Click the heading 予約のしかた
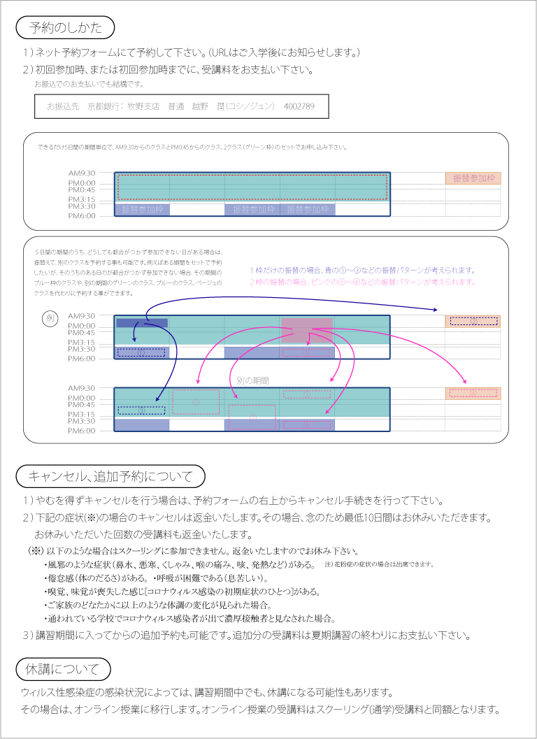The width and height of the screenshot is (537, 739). pyautogui.click(x=66, y=28)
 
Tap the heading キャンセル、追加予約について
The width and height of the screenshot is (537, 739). pyautogui.click(x=110, y=477)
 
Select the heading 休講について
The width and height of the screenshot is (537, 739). pyautogui.click(x=62, y=668)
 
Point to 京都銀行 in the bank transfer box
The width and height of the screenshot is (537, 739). pyautogui.click(x=102, y=107)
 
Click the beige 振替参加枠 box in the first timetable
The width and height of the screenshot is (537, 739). pyautogui.click(x=473, y=178)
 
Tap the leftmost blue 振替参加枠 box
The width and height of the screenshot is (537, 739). pyautogui.click(x=141, y=209)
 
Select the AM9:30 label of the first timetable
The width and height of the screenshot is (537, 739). pyautogui.click(x=81, y=173)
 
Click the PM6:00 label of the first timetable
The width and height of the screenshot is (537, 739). pyautogui.click(x=81, y=216)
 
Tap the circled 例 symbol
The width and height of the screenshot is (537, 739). pyautogui.click(x=50, y=318)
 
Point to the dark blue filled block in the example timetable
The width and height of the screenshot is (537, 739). pyautogui.click(x=142, y=322)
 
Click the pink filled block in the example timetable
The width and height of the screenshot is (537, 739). pyautogui.click(x=307, y=330)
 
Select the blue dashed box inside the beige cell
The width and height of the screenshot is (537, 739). pyautogui.click(x=473, y=322)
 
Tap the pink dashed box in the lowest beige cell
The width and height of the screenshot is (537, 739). pyautogui.click(x=473, y=393)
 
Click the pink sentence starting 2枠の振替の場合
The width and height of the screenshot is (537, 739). pyautogui.click(x=362, y=282)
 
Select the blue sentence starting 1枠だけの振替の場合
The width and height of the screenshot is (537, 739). pyautogui.click(x=362, y=270)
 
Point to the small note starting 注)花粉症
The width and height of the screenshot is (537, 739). pyautogui.click(x=379, y=564)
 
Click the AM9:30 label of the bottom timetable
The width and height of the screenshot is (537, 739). pyautogui.click(x=81, y=388)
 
